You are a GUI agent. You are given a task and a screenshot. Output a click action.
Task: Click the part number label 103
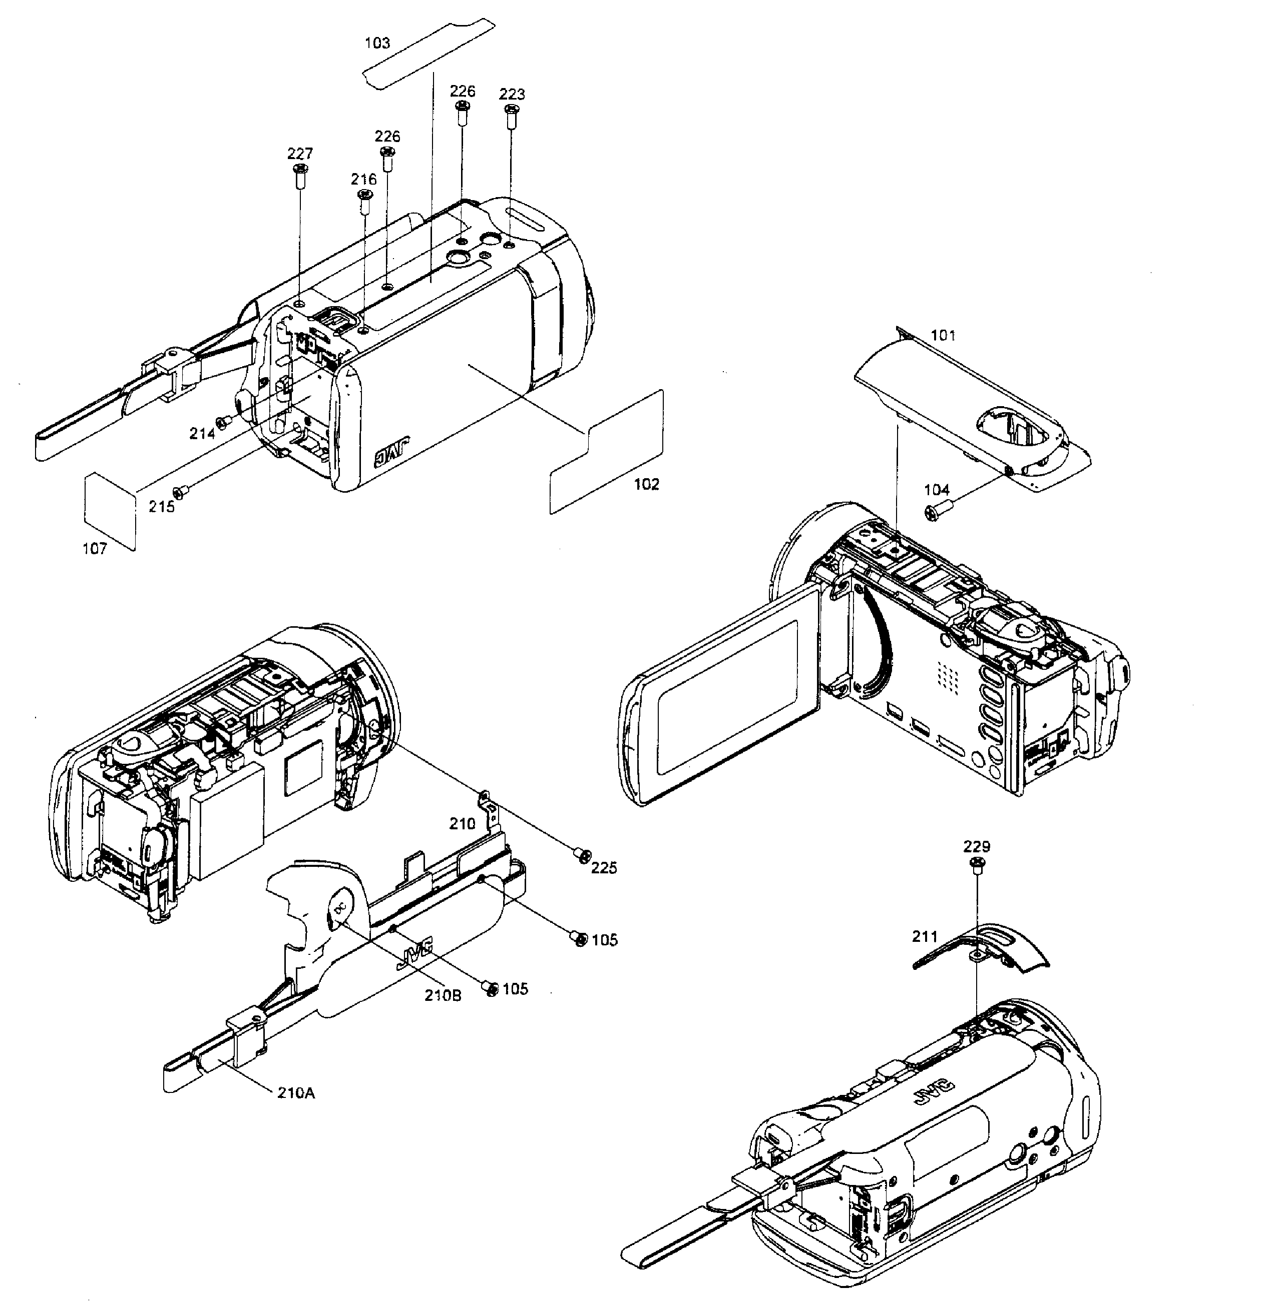tap(377, 43)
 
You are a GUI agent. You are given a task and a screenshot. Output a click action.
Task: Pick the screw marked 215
tap(181, 492)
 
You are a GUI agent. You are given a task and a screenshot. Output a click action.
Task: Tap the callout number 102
tap(646, 484)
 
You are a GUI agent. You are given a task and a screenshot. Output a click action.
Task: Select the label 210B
tap(443, 994)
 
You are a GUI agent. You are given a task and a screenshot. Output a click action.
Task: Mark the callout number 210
tap(462, 824)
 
